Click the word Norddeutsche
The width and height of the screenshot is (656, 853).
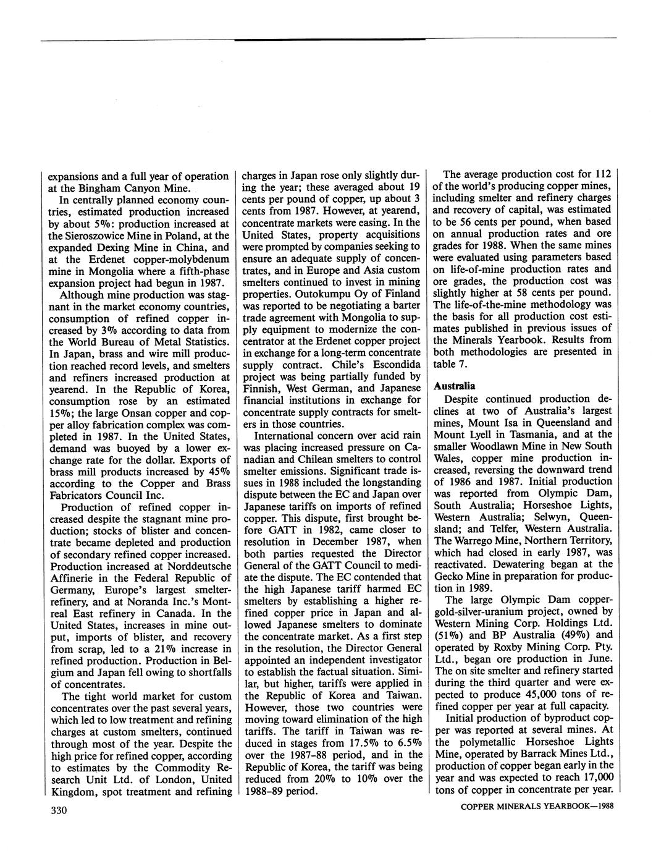[198, 566]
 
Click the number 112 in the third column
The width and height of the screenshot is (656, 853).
[603, 174]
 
